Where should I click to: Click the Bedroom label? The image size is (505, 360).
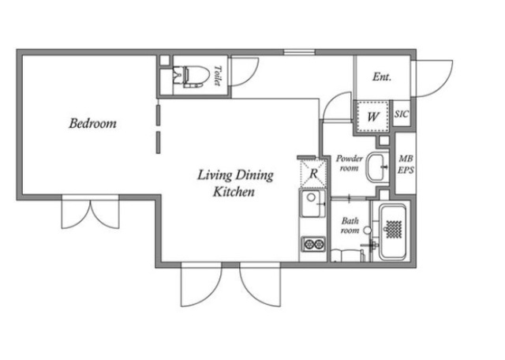93,123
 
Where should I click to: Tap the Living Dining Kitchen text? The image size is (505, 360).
235,183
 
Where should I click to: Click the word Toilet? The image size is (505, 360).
218,76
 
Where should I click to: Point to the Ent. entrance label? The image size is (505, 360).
382,77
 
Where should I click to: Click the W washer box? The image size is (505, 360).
373,116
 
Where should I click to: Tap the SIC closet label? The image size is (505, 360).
402,114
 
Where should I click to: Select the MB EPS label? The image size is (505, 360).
406,164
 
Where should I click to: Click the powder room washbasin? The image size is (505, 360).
377,167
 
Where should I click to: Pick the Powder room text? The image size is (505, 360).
349,163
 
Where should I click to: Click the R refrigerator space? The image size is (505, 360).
313,173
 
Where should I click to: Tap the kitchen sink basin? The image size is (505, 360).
313,204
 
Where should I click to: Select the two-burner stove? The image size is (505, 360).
313,244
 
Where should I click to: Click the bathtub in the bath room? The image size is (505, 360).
393,232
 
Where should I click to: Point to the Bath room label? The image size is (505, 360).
350,226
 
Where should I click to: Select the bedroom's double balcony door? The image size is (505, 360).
90,213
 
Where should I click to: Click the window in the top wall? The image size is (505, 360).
299,52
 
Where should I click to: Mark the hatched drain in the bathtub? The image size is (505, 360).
394,229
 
